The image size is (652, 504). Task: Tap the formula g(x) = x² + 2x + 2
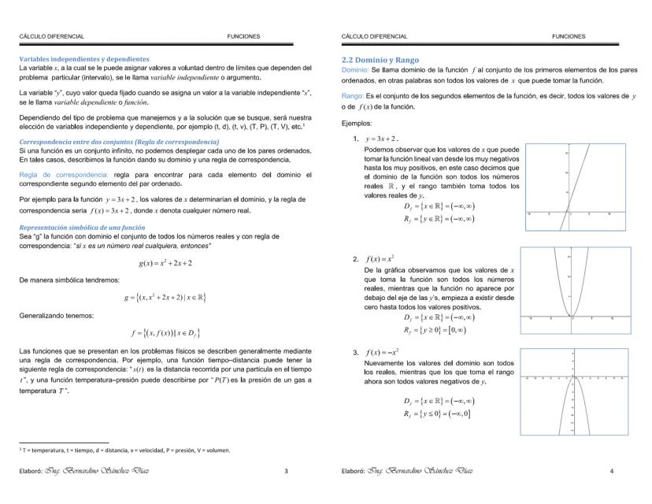click(163, 261)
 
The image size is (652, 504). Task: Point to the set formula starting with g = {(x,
click(164, 298)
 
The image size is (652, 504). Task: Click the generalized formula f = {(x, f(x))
click(164, 334)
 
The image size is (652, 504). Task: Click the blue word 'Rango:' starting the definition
click(354, 96)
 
